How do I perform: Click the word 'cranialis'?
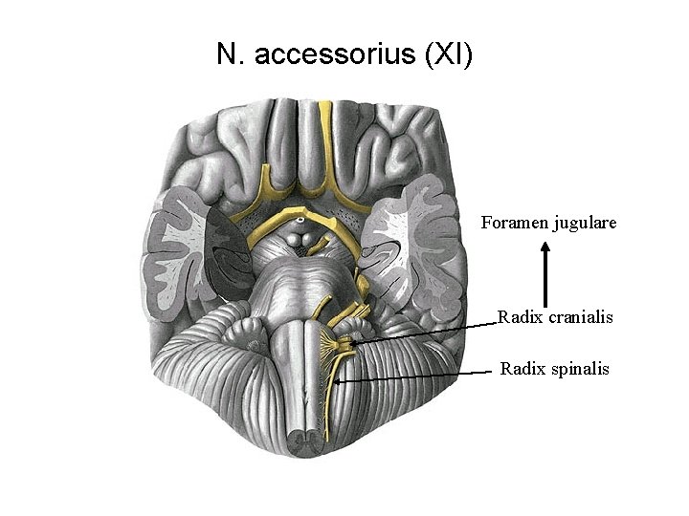578,317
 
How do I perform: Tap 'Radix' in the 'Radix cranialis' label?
518,317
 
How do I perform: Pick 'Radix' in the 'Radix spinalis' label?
520,368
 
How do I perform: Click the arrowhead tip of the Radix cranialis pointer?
351,341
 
